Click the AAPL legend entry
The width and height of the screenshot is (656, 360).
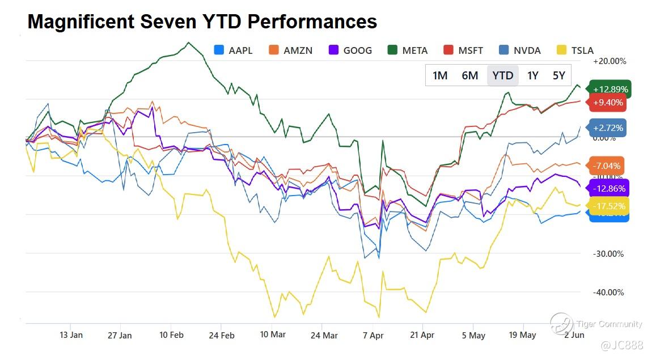tap(233, 50)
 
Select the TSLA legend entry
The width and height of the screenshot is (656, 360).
tap(575, 50)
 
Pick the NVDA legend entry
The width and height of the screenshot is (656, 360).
tap(520, 50)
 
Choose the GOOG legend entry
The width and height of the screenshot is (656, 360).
tap(350, 50)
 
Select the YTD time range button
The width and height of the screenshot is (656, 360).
tap(502, 75)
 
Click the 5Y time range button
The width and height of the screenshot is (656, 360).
tap(558, 75)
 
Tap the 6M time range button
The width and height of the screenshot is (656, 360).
tap(470, 75)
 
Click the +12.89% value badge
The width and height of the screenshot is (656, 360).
tap(610, 89)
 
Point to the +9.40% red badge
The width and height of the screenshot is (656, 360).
tap(608, 103)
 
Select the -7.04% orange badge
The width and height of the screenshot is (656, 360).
tap(608, 166)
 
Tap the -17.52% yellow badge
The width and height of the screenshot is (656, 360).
tap(608, 206)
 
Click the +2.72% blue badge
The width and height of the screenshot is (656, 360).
tap(608, 128)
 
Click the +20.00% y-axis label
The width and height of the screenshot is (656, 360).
tap(609, 61)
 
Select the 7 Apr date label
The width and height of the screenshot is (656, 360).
tap(373, 335)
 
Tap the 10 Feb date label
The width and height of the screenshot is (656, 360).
tap(171, 335)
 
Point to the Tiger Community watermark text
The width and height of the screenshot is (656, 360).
tap(609, 324)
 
